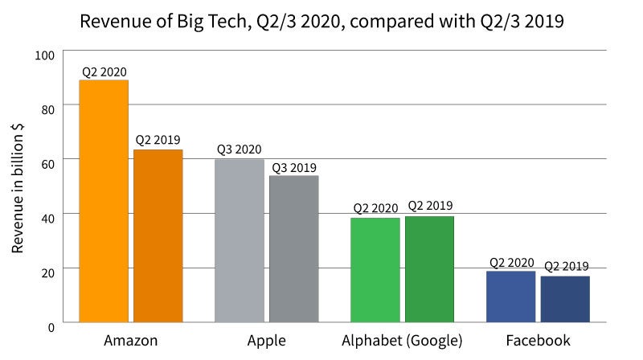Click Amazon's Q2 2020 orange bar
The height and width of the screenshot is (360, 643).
[104, 201]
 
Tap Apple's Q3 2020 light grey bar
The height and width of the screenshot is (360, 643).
[240, 240]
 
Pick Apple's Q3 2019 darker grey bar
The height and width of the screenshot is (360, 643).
[293, 248]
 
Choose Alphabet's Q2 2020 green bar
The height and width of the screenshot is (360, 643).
[375, 269]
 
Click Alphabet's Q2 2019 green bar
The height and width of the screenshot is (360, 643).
[429, 268]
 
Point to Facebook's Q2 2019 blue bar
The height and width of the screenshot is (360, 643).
[565, 298]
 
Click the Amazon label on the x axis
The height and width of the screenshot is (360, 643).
[131, 341]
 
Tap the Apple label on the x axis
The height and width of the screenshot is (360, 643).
[266, 341]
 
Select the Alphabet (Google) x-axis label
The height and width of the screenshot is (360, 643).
[402, 341]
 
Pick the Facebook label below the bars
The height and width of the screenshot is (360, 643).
[538, 341]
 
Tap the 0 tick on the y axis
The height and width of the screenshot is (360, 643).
[51, 326]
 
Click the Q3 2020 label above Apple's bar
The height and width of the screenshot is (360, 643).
[240, 149]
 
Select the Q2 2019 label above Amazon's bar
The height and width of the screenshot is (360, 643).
[158, 140]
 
